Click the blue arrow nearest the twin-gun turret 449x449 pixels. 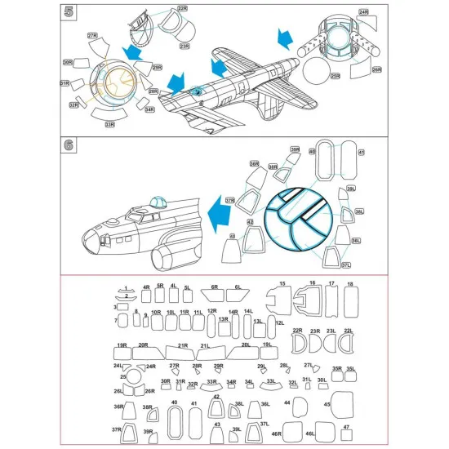pyautogui.click(x=285, y=38)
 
